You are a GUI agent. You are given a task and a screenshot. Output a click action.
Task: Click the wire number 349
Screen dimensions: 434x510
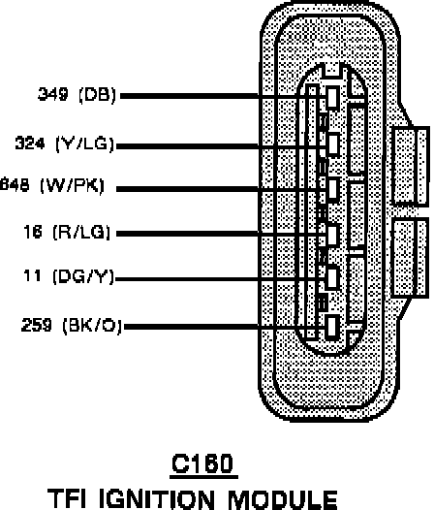click(x=53, y=94)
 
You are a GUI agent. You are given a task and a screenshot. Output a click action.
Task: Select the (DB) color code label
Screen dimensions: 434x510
click(x=97, y=95)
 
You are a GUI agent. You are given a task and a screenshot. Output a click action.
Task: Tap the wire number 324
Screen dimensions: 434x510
click(x=30, y=143)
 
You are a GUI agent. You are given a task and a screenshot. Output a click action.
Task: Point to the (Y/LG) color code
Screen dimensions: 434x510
click(x=85, y=143)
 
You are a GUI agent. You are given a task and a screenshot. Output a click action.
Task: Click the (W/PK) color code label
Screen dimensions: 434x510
click(x=72, y=185)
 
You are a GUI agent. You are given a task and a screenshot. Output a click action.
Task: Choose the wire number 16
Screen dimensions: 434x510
click(x=33, y=232)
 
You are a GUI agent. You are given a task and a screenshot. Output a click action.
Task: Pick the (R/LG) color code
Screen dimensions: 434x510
click(x=81, y=233)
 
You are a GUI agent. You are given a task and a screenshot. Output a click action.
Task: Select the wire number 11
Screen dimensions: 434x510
click(x=32, y=275)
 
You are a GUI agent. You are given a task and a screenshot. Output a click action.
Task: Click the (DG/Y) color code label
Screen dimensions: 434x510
click(x=83, y=276)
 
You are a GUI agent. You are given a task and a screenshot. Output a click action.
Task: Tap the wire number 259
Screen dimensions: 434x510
click(x=37, y=325)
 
